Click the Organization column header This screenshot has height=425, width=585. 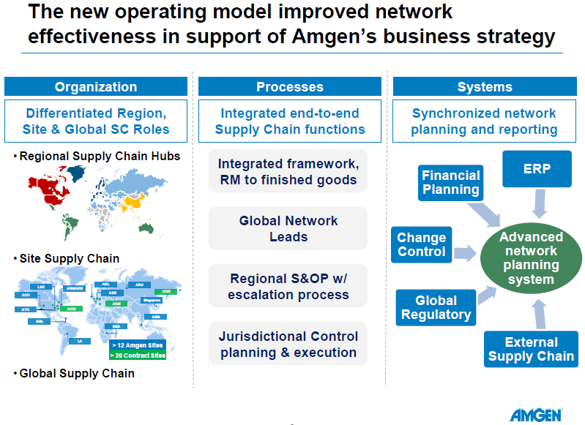click(x=96, y=86)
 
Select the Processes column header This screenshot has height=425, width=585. click(x=289, y=86)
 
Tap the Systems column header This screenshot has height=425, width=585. click(x=484, y=86)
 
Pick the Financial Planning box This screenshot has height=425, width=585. click(x=451, y=182)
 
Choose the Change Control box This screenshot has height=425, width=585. click(x=422, y=244)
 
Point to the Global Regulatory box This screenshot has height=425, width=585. click(x=436, y=307)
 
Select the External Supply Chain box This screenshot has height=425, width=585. click(x=531, y=349)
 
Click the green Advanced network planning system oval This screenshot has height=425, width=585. click(x=531, y=257)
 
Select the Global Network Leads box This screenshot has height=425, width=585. click(x=288, y=228)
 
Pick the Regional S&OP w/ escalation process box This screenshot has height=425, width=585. click(x=288, y=287)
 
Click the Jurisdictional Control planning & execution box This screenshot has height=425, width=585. click(x=288, y=344)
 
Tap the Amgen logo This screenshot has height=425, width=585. click(x=536, y=414)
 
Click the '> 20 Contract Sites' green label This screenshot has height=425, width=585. click(x=138, y=355)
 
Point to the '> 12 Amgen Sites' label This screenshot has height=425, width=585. click(x=138, y=344)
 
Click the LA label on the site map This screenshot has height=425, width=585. click(x=79, y=341)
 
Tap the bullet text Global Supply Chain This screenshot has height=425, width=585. click(x=76, y=373)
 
